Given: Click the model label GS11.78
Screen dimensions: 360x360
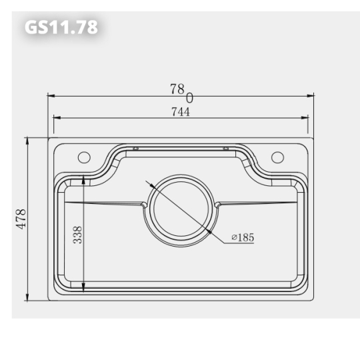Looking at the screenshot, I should pyautogui.click(x=61, y=27).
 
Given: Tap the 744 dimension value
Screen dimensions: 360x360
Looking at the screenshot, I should pyautogui.click(x=180, y=112).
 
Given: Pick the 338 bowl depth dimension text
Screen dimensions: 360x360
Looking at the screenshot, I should pyautogui.click(x=77, y=235).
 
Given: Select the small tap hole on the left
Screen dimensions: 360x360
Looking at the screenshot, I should pyautogui.click(x=84, y=157).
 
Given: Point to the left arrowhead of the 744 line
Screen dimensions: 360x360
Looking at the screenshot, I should pyautogui.click(x=57, y=118).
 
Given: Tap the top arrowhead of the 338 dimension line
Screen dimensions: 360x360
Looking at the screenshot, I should pyautogui.click(x=83, y=179).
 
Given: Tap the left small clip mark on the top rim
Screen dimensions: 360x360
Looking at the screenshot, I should pyautogui.click(x=135, y=148).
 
